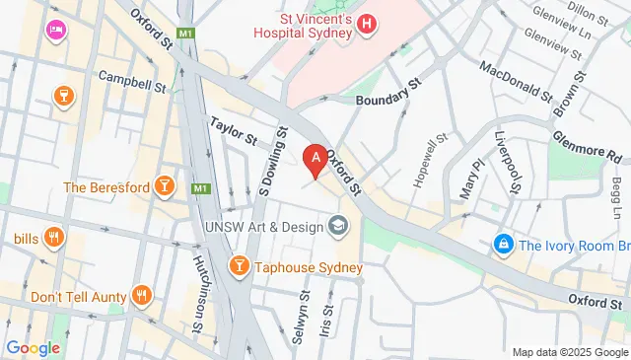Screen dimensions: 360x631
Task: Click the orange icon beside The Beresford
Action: [x=165, y=187]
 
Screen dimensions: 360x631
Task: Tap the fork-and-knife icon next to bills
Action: [x=53, y=238]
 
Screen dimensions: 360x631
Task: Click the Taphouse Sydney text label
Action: [x=309, y=267]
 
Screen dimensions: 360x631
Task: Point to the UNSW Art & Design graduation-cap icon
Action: [x=339, y=227]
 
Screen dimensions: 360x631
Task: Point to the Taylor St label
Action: [x=233, y=128]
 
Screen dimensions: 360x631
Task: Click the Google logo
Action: [x=33, y=347]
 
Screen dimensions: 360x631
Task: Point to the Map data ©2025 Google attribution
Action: [x=569, y=352]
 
